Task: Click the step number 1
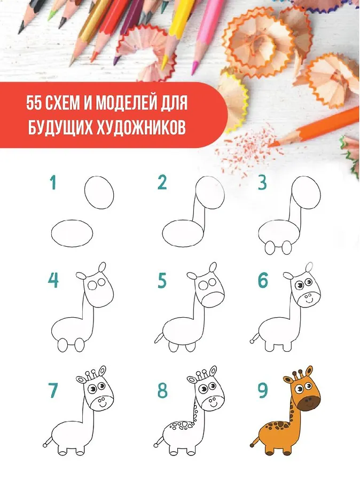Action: pyautogui.click(x=53, y=183)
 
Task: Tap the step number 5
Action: pyautogui.click(x=162, y=281)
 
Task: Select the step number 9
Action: pyautogui.click(x=263, y=391)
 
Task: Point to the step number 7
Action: pyautogui.click(x=53, y=391)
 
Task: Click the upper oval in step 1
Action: pyautogui.click(x=99, y=192)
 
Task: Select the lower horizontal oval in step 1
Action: pyautogui.click(x=72, y=233)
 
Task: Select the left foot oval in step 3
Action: pyautogui.click(x=270, y=248)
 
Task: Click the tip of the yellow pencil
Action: pyautogui.click(x=163, y=66)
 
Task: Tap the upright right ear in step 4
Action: pyautogui.click(x=102, y=267)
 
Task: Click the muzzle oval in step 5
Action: pyautogui.click(x=213, y=300)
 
